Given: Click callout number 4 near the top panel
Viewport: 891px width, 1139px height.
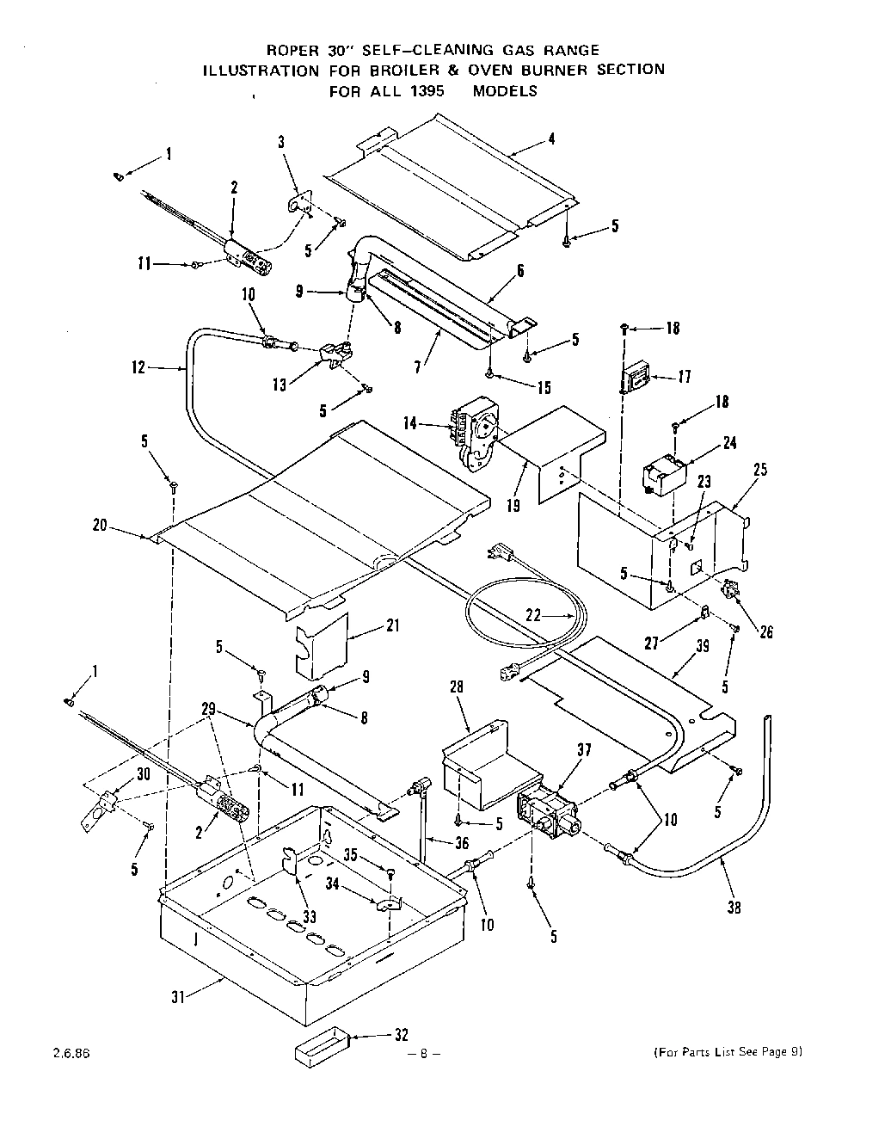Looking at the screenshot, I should (x=551, y=139).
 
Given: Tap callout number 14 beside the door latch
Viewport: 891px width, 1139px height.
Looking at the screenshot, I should (x=411, y=422).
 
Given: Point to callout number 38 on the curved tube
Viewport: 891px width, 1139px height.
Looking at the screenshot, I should (x=734, y=906).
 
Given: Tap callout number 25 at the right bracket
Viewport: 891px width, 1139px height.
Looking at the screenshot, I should (x=759, y=471).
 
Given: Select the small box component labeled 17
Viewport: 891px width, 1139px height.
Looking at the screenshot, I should (x=637, y=376).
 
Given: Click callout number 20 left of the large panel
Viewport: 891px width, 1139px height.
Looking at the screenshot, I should (x=101, y=525).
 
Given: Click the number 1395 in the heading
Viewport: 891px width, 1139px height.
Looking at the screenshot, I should (x=423, y=90).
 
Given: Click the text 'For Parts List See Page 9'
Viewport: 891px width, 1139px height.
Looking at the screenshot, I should (x=728, y=1051).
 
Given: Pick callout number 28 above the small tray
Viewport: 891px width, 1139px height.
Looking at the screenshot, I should (x=456, y=686).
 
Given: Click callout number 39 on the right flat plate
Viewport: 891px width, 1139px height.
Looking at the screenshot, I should (x=703, y=647).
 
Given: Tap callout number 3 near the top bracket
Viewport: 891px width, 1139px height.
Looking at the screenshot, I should (x=281, y=143).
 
